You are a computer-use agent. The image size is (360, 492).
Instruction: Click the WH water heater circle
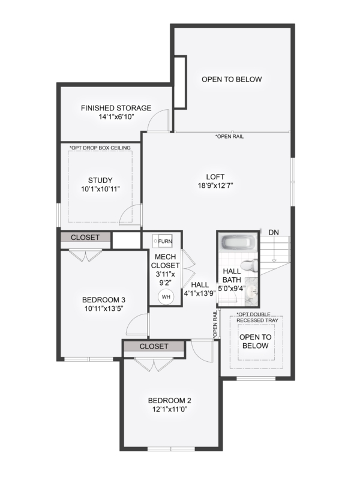click(166, 296)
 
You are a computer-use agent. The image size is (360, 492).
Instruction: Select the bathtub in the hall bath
click(238, 242)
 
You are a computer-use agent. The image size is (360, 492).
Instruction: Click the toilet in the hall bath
click(250, 266)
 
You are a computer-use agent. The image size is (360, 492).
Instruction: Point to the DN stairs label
click(274, 233)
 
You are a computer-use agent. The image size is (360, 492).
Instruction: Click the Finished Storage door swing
click(159, 119)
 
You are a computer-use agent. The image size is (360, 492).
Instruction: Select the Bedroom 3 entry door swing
click(137, 324)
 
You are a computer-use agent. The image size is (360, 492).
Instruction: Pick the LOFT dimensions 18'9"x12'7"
click(215, 185)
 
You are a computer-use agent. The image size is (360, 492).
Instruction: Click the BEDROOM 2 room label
click(169, 401)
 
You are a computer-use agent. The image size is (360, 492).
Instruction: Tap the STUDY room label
click(100, 181)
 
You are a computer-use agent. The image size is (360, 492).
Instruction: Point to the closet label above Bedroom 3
click(85, 238)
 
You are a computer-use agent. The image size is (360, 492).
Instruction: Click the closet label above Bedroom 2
click(154, 346)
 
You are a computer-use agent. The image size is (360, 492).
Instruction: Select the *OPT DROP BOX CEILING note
click(100, 148)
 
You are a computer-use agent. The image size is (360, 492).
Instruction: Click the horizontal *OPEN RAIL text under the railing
click(229, 136)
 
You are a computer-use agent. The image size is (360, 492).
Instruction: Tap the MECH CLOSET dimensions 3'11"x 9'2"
click(166, 278)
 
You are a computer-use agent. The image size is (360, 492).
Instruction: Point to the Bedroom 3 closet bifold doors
click(85, 256)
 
